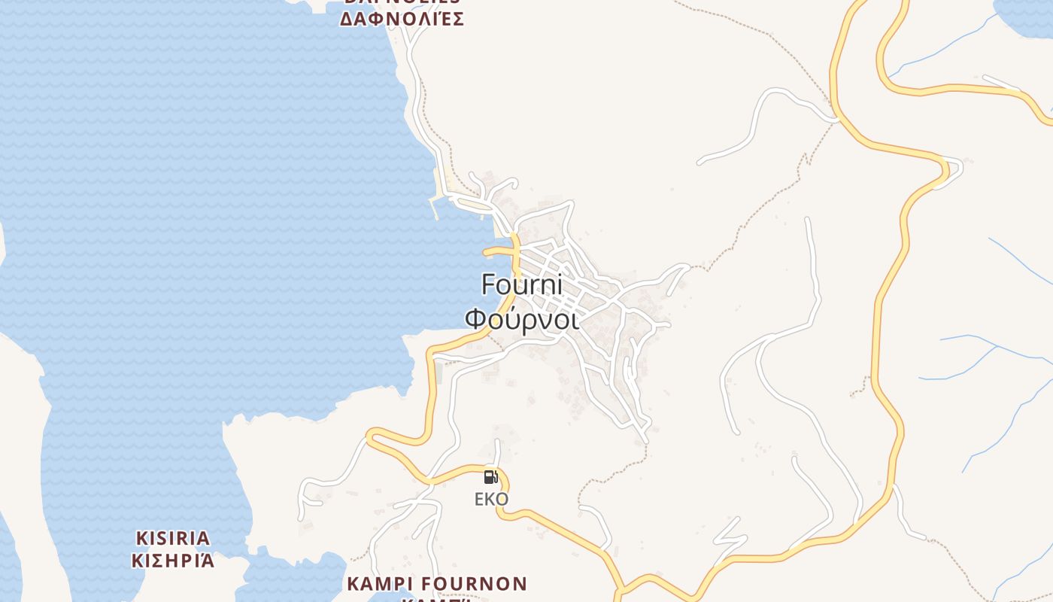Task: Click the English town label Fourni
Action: click(x=521, y=284)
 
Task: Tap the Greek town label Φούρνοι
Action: click(x=521, y=319)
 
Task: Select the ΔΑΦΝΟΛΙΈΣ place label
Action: click(x=402, y=19)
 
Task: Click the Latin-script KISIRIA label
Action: click(x=173, y=538)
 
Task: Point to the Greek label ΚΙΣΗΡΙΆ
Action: click(x=173, y=561)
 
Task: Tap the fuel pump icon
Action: click(x=490, y=476)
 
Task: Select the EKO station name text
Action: click(x=491, y=499)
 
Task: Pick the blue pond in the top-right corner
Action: click(x=1027, y=15)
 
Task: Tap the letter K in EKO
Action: click(x=490, y=499)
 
